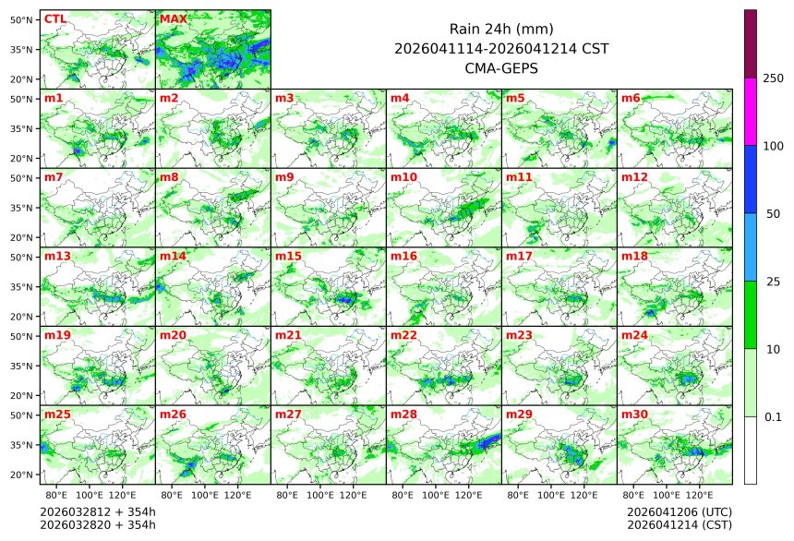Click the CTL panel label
[54, 18]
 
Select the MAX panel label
[173, 18]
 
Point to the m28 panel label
[403, 415]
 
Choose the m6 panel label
[631, 98]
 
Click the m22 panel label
[403, 335]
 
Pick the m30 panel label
[634, 415]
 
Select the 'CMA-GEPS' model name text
[500, 68]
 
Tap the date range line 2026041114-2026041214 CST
[500, 49]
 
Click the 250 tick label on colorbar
[773, 78]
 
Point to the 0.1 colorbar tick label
[773, 417]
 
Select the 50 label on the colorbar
[773, 214]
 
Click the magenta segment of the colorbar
[751, 111]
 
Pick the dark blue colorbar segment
[751, 179]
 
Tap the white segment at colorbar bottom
[751, 451]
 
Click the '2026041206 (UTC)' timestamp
[679, 511]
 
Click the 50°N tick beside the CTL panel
[22, 19]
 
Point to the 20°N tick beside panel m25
[22, 475]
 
